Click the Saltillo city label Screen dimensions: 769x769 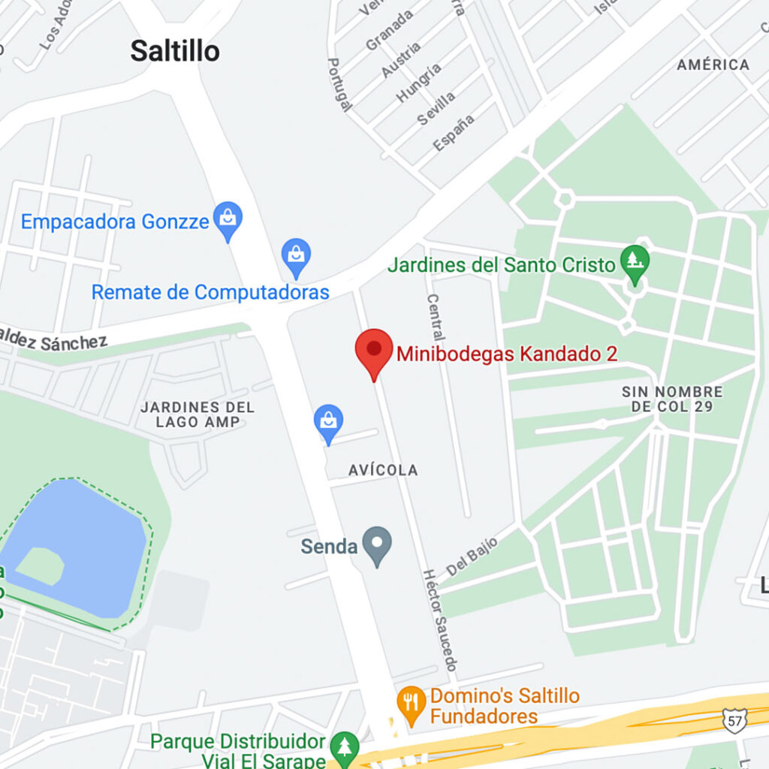click(x=175, y=51)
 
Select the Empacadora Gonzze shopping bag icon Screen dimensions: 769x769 click(x=227, y=220)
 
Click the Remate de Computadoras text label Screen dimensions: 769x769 click(x=210, y=292)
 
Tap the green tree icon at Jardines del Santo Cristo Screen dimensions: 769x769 click(x=635, y=263)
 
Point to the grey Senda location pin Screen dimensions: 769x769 click(x=376, y=544)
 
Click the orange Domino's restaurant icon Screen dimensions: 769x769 click(x=410, y=704)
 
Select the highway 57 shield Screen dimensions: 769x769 click(x=734, y=719)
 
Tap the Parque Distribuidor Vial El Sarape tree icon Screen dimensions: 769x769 click(x=345, y=746)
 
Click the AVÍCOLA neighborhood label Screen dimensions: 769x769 click(x=383, y=470)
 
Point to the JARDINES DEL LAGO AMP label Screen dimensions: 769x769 click(x=198, y=415)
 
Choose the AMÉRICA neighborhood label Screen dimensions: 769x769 click(x=713, y=65)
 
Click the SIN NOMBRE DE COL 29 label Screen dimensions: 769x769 click(x=671, y=399)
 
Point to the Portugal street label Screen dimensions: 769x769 click(x=339, y=84)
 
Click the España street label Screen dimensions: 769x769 click(x=454, y=131)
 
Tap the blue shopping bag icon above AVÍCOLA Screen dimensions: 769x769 click(x=328, y=423)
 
